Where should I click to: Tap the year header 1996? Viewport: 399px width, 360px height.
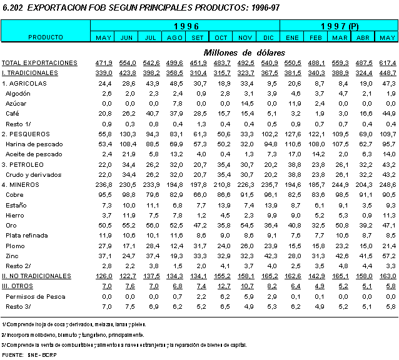(186, 26)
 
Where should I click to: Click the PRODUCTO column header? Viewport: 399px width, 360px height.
(46, 37)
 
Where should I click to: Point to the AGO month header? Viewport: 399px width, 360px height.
(175, 38)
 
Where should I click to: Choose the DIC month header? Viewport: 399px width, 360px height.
(270, 38)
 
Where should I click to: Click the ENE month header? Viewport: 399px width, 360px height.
(292, 38)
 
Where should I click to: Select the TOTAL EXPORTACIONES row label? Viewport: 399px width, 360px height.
(39, 63)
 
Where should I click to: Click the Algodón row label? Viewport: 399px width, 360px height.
(18, 93)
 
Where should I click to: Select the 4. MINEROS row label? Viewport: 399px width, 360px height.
(22, 184)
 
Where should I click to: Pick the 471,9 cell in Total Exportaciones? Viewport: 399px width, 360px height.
(103, 63)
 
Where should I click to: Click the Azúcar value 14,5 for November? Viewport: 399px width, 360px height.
(246, 103)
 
